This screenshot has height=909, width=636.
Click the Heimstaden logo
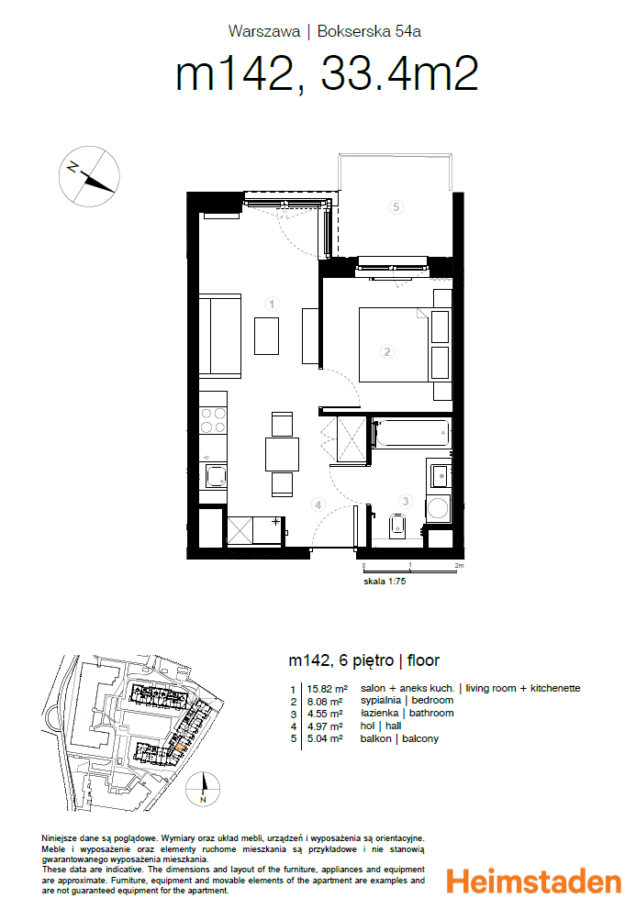533,882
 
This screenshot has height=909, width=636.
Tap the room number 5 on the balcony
396,207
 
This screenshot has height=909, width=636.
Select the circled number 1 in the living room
272,304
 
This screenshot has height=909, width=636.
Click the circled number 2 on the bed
387,350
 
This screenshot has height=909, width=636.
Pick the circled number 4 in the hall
318,504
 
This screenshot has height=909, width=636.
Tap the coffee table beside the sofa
266,335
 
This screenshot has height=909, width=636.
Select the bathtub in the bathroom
412,433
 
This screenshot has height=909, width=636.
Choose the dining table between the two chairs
282,454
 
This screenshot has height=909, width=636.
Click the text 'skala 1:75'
384,581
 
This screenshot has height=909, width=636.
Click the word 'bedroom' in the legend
433,701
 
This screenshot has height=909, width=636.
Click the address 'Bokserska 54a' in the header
368,31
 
